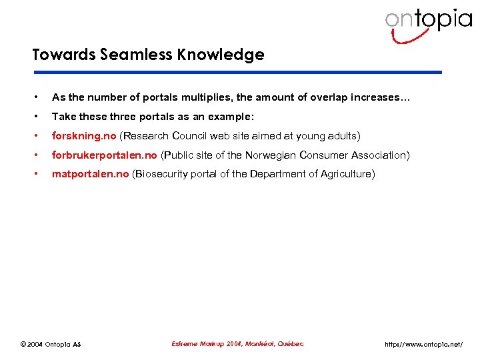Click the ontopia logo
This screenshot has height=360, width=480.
(x=427, y=24)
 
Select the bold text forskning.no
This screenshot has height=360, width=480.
(x=84, y=136)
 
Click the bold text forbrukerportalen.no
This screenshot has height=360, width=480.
(x=105, y=155)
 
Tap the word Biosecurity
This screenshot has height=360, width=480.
(x=165, y=175)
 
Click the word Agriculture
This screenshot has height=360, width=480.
(x=345, y=175)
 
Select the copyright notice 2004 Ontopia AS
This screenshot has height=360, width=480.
(x=51, y=345)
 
